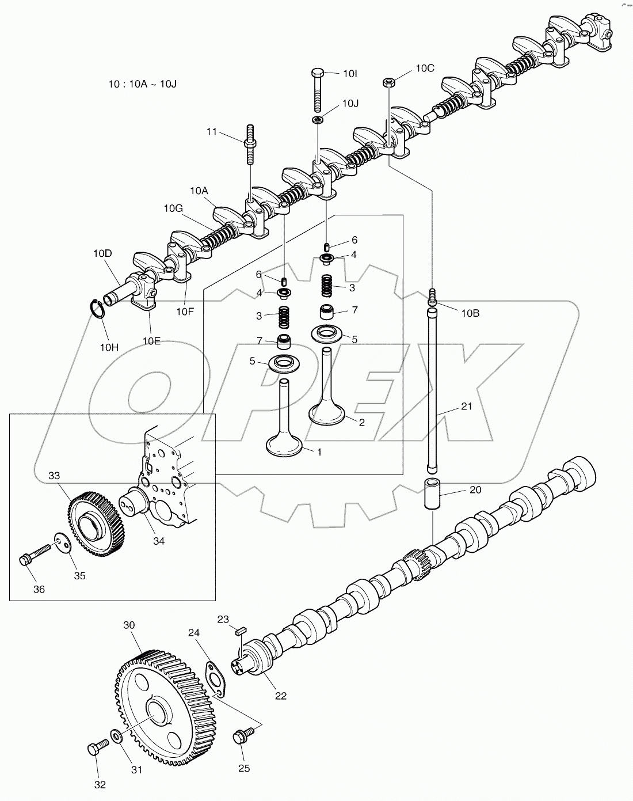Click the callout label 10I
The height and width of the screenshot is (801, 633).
(x=350, y=74)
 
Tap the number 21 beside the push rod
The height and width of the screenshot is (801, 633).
(x=466, y=407)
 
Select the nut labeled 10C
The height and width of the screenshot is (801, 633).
(x=388, y=82)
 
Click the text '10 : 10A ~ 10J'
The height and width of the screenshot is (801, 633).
(x=142, y=84)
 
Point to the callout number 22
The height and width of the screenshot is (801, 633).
(x=280, y=695)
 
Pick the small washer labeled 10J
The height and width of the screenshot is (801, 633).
(x=317, y=119)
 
